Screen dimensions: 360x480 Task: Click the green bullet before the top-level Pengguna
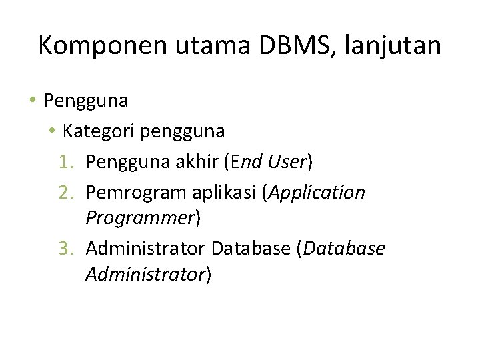33,101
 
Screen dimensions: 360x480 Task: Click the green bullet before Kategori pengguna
53,131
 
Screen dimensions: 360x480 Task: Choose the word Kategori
98,131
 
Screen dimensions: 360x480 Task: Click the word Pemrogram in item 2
137,192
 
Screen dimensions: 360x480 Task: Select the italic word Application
316,192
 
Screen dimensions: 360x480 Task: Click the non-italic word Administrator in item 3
146,249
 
